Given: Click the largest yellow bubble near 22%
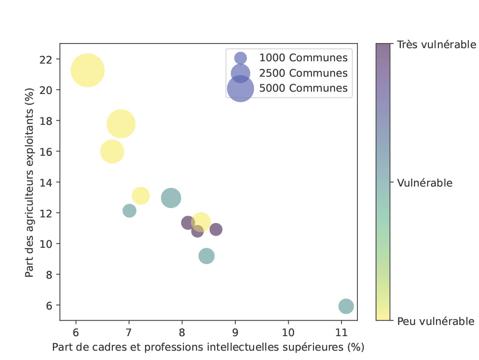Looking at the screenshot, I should [x=87, y=71].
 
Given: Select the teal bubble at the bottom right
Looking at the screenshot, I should [x=346, y=306].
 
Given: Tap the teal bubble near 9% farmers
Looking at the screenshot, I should [x=206, y=256].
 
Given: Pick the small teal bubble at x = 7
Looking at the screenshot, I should [x=130, y=211].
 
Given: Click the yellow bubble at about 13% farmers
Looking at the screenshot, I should [x=141, y=196].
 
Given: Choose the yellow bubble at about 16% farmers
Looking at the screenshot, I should [x=112, y=151].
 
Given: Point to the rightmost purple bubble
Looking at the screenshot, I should [x=216, y=229].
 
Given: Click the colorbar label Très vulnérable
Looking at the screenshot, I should [x=436, y=45].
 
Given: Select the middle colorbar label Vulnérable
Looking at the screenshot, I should [x=424, y=183].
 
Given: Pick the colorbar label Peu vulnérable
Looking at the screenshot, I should [x=435, y=321].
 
